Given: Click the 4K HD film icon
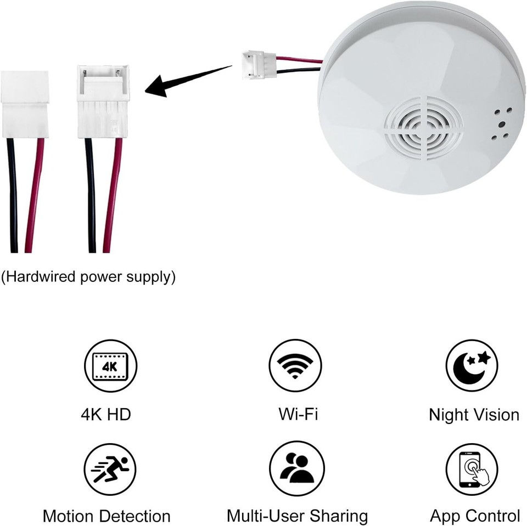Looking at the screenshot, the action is (110, 365).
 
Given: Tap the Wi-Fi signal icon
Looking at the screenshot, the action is (295, 365).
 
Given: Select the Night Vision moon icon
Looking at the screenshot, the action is (472, 365).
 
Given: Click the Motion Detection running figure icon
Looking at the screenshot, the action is (110, 469).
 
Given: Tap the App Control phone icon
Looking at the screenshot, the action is (472, 469).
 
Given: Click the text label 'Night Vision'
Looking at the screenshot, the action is (474, 415).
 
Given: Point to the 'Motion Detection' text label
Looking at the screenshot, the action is (106, 516).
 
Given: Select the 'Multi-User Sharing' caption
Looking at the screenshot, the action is (297, 516).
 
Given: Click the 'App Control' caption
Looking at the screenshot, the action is (475, 516).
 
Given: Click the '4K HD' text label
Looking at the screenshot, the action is (106, 414).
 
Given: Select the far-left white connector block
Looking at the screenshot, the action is (24, 104).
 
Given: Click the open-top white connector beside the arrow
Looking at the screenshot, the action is (103, 101).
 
